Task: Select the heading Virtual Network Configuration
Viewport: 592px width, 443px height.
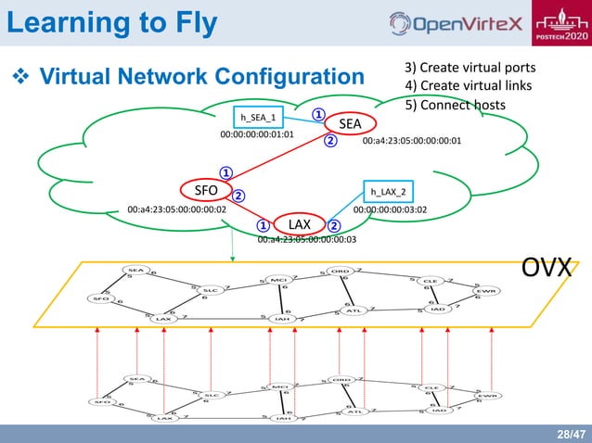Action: pos(190,75)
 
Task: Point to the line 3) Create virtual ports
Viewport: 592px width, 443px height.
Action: pos(470,69)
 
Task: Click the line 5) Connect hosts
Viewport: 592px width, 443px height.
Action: pos(455,105)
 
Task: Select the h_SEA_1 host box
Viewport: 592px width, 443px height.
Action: pos(258,118)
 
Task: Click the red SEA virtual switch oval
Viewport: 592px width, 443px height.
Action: pos(349,123)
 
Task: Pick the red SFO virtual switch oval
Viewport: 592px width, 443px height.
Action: pos(205,190)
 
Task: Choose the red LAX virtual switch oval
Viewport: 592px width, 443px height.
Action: pos(298,224)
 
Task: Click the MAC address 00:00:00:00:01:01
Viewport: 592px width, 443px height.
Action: pos(256,134)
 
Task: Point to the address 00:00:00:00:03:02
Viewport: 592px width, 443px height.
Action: pos(390,209)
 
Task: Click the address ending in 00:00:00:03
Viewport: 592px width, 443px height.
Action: pos(306,239)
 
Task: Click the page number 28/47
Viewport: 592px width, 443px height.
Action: pos(570,433)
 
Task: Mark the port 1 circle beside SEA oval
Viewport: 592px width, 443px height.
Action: pos(316,116)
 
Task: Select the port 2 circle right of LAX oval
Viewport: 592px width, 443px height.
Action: pos(334,225)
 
